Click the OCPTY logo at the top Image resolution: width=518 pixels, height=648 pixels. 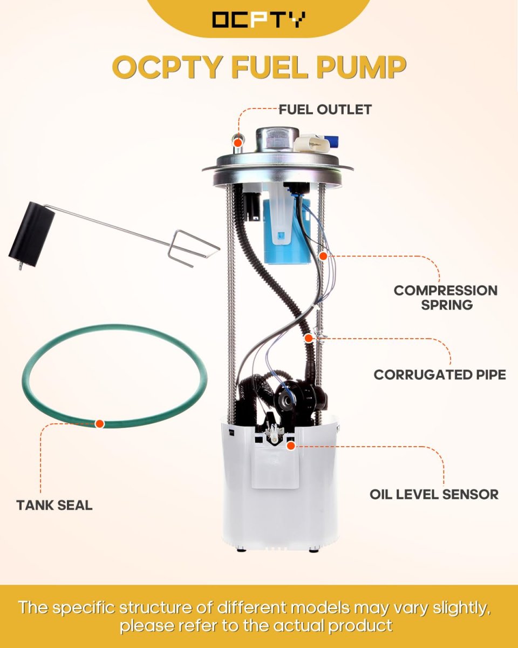[x=258, y=19]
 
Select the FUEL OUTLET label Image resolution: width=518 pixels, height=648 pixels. [x=325, y=110]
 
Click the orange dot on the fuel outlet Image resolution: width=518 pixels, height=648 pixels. [x=238, y=143]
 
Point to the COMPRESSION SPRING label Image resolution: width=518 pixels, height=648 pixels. [x=446, y=298]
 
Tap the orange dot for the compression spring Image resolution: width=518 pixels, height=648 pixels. [x=323, y=256]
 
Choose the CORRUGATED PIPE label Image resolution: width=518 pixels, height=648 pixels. [x=440, y=375]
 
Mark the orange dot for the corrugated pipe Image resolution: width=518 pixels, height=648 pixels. [x=308, y=338]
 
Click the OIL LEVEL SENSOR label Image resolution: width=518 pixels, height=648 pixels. [x=434, y=495]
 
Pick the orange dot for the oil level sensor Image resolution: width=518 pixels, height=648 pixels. [x=290, y=446]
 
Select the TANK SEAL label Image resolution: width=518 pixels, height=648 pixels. [x=54, y=505]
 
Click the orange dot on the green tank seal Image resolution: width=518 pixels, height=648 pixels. [x=99, y=424]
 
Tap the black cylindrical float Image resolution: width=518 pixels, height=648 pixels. [x=32, y=234]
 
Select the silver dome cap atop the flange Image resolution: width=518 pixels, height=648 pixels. [x=277, y=139]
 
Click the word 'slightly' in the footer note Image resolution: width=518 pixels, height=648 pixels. [x=461, y=607]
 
